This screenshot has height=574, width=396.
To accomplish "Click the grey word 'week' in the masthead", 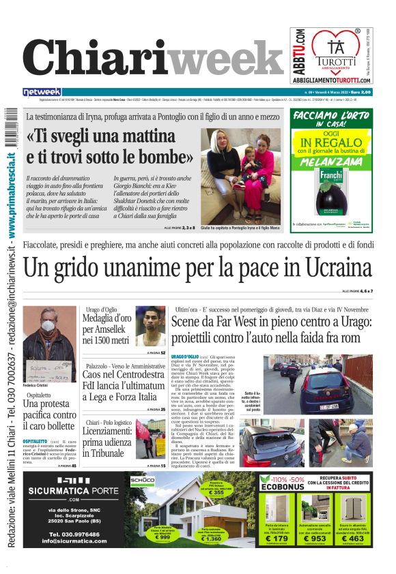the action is [225, 57].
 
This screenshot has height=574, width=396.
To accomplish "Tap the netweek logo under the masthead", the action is [42, 92].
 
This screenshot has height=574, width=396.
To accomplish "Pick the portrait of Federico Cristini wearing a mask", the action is [50, 338].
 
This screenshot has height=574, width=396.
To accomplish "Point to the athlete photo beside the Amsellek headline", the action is [151, 326].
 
